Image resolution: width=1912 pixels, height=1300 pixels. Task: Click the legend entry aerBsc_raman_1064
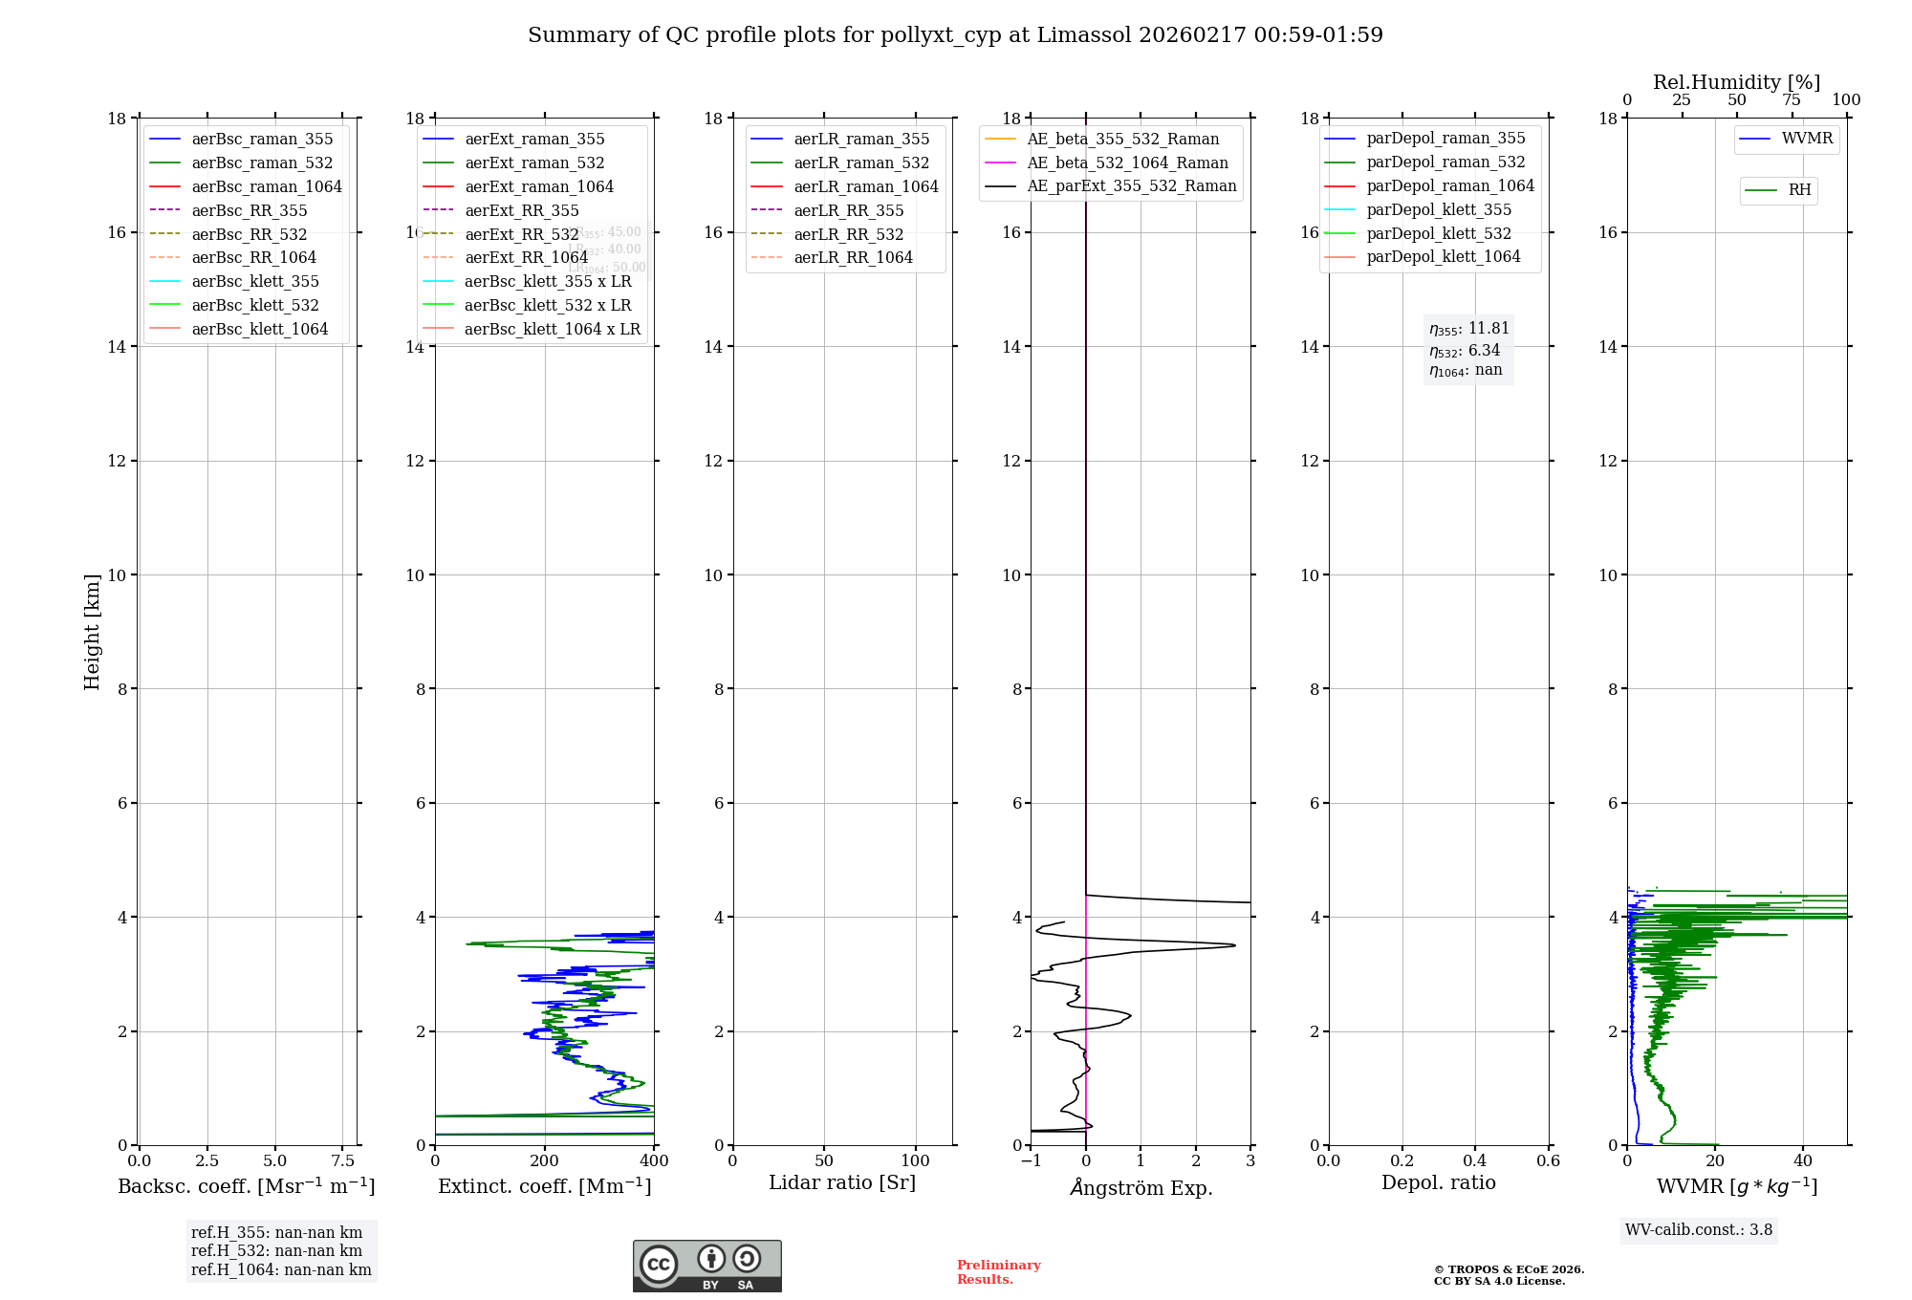[266, 186]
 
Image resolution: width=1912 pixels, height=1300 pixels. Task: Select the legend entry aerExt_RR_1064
[526, 257]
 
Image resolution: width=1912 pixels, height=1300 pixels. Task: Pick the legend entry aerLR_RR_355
[848, 210]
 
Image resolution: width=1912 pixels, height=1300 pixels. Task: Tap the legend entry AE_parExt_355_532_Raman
[1131, 185]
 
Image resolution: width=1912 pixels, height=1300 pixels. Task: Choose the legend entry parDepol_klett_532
[1439, 233]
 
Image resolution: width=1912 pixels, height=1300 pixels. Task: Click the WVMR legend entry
[1807, 139]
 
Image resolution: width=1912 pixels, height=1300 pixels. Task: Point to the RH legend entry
[1799, 190]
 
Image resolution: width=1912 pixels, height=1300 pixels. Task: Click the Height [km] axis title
[92, 631]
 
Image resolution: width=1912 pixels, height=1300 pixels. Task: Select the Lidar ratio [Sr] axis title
[841, 1182]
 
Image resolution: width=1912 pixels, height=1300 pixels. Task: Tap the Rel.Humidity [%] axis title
[1736, 82]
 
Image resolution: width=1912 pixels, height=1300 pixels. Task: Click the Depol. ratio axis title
[1438, 1182]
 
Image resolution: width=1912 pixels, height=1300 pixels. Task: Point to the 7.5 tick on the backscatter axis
[342, 1161]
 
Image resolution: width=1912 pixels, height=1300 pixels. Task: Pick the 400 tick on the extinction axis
[654, 1161]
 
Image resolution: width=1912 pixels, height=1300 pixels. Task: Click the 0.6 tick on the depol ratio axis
[1548, 1161]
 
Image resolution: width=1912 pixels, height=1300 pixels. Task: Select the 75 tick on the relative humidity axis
[1791, 100]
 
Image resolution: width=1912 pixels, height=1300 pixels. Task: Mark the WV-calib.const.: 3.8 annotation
[1699, 1230]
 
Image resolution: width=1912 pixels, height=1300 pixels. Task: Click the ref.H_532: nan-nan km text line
[276, 1251]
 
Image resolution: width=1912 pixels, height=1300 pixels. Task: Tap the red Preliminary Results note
[998, 1272]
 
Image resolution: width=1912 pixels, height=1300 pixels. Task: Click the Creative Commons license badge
[706, 1266]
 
